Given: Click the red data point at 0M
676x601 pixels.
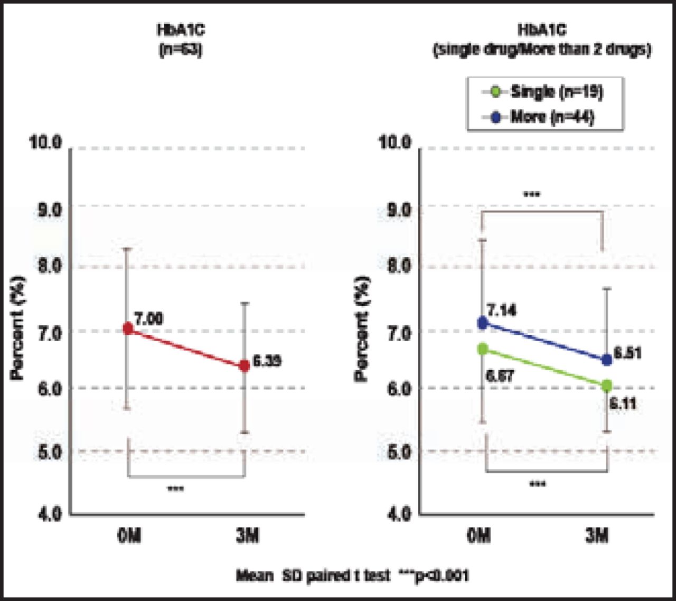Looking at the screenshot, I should coord(128,328).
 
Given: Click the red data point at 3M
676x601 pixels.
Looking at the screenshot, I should coord(244,365).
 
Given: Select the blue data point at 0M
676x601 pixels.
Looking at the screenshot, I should coord(483,323).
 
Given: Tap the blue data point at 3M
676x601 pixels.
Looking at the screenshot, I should coord(606,360).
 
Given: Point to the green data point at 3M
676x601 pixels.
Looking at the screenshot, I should coord(606,386).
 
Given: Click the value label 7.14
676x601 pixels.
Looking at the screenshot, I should coord(502,310).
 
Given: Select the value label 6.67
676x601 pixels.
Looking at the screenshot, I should coord(500,376).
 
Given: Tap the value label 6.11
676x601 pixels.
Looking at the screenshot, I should coord(623,404).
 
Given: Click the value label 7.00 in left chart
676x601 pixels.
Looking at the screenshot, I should coord(148,318).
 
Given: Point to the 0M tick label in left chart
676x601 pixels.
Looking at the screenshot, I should coord(129,537).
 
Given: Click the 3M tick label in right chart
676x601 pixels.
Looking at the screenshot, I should coord(597,537).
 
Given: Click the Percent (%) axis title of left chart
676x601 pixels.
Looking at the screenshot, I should coord(18,328).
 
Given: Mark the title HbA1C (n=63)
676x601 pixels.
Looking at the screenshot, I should coord(181,40).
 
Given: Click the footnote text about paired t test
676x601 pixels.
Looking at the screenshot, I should coord(352,575).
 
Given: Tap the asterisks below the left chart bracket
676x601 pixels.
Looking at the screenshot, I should coord(175,489).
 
